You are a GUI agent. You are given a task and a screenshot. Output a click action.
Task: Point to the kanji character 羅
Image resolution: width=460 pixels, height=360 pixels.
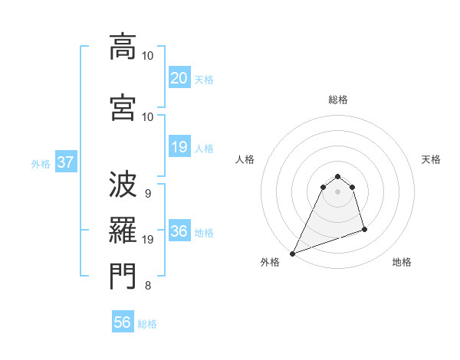123,229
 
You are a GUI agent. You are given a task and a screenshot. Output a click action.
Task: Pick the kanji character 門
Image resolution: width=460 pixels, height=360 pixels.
123,277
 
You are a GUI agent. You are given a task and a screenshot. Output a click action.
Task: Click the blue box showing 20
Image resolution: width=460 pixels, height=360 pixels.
179,77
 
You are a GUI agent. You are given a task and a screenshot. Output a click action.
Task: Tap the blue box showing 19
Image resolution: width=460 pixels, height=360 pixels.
179,147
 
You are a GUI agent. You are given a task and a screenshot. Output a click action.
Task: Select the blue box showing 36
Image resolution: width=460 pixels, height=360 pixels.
179,231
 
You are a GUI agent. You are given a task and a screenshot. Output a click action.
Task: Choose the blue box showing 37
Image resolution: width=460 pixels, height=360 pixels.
66,162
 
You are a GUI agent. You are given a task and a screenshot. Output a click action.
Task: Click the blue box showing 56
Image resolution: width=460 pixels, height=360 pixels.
123,322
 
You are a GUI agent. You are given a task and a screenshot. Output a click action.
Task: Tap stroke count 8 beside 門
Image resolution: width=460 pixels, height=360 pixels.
147,286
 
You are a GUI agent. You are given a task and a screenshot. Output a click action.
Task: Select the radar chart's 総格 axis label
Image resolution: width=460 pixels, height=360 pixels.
338,100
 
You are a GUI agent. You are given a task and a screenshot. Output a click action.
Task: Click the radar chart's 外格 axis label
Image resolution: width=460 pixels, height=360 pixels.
270,262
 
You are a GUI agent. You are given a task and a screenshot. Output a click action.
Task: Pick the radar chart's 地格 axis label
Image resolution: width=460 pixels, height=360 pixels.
402,262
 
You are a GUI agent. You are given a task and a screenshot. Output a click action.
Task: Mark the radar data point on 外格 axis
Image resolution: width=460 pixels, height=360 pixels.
292,253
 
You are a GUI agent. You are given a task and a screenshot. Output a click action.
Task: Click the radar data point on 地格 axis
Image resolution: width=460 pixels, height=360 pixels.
364,229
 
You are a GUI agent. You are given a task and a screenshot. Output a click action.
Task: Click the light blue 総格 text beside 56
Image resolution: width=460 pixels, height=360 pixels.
147,324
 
